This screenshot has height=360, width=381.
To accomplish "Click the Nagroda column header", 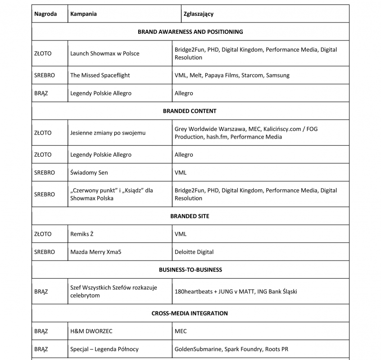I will (x=45, y=14).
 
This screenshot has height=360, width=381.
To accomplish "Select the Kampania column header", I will (x=83, y=14).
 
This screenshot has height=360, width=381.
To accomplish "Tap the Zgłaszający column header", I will (x=199, y=14).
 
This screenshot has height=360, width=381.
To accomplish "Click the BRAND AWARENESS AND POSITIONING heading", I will (x=190, y=32).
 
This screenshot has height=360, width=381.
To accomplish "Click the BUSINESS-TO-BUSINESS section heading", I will (x=190, y=270).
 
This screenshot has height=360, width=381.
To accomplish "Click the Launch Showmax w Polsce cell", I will (x=104, y=54).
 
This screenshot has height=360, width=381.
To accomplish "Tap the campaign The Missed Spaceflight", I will (x=100, y=76).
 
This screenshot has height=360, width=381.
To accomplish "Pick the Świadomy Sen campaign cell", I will (x=89, y=173).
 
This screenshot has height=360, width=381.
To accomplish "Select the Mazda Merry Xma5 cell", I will (x=95, y=252).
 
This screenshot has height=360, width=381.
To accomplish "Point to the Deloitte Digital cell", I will (x=194, y=252).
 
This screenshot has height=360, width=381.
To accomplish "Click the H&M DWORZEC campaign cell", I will (x=91, y=331).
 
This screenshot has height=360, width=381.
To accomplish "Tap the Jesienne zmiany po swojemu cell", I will (x=108, y=133).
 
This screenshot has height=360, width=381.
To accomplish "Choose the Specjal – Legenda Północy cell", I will (x=104, y=349).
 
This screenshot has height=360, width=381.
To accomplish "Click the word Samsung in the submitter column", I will (x=277, y=76).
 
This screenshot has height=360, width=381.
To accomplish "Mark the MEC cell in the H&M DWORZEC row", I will (x=181, y=331).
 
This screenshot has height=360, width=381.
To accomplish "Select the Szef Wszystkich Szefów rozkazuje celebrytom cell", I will (x=113, y=292).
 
